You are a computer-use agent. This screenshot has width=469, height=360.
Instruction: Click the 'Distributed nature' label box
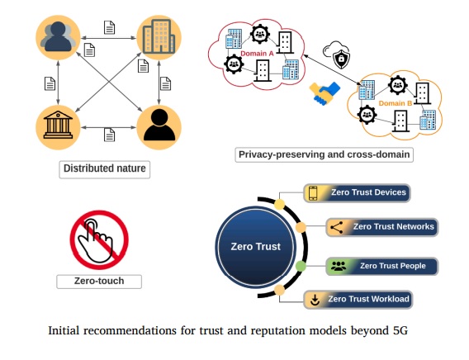point(104,169)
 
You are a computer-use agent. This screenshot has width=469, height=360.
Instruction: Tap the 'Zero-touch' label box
point(99,282)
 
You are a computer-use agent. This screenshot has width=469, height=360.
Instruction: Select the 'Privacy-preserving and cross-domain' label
point(325,155)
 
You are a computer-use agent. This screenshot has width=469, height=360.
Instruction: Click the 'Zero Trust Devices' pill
point(357,193)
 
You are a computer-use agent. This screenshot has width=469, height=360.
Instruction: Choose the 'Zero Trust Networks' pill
point(381,227)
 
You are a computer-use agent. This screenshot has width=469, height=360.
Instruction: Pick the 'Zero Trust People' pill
point(381,266)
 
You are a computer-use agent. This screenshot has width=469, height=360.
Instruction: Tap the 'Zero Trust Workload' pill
point(358,299)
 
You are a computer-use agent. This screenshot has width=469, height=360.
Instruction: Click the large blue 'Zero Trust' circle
point(255,247)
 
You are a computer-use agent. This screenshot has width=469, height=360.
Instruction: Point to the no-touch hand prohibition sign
point(99,239)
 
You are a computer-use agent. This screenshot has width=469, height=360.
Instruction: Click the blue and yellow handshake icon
point(325,93)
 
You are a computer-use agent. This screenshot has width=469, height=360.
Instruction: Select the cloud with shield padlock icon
point(337,54)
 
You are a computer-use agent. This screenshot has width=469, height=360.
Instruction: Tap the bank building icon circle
point(58,127)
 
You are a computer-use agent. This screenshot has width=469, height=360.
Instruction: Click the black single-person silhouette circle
point(159,127)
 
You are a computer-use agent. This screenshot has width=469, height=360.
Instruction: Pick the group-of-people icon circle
point(58,37)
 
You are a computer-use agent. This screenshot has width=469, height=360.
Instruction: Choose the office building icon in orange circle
point(159,37)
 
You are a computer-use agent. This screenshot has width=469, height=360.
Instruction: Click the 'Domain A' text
point(257,54)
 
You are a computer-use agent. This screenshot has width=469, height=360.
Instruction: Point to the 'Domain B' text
point(396,103)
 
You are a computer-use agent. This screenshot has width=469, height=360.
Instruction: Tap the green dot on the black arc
point(301,266)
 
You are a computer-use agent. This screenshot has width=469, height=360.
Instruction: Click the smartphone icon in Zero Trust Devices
point(313,193)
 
